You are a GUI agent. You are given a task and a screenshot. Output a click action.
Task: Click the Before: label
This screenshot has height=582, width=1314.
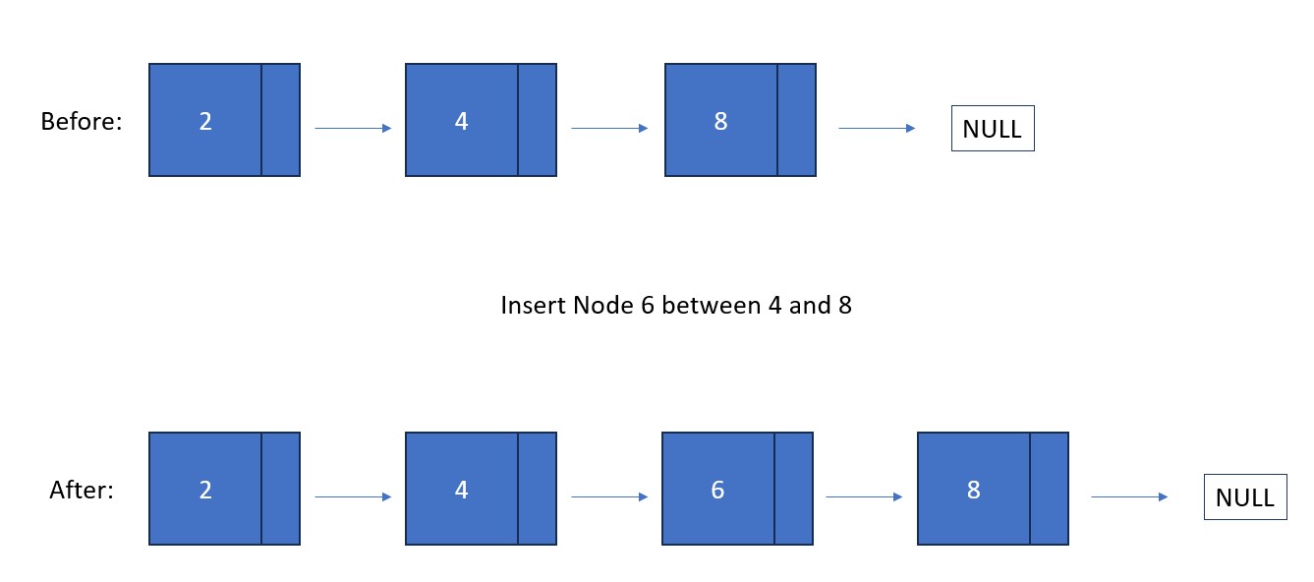click(82, 122)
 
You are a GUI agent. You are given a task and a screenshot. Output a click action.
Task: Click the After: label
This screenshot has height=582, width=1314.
click(82, 490)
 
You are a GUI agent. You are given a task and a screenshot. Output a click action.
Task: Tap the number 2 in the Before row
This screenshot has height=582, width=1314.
click(205, 122)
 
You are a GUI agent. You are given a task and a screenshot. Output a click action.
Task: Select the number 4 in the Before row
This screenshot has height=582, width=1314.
click(462, 122)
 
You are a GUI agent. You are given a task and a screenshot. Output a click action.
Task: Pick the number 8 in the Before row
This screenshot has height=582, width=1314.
click(721, 122)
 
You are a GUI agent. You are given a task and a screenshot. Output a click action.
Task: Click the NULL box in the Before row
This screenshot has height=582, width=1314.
click(993, 129)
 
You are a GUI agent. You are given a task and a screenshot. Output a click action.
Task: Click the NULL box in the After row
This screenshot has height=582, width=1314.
click(1245, 496)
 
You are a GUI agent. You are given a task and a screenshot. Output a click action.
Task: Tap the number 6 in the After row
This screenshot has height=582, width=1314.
click(718, 490)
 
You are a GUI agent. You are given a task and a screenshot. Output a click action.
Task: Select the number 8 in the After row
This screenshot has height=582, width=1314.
click(974, 490)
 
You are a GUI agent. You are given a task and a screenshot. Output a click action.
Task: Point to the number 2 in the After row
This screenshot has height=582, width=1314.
click(205, 490)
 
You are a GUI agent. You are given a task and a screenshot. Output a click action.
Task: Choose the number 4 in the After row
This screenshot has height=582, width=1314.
click(462, 490)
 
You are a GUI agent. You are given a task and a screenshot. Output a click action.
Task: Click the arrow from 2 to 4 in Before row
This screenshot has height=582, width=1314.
click(353, 128)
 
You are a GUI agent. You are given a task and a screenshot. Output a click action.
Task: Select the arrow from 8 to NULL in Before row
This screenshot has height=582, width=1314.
click(877, 128)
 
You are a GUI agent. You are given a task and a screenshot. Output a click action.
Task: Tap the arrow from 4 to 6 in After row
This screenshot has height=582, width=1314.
click(609, 496)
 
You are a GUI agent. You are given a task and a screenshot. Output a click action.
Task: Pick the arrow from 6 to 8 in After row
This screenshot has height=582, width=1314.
click(864, 496)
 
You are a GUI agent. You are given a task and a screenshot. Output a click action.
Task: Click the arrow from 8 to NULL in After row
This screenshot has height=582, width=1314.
click(1129, 496)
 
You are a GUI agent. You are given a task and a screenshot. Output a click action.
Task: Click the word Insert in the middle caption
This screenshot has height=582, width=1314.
click(534, 305)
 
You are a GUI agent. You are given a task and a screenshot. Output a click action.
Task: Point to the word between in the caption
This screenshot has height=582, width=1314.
click(711, 305)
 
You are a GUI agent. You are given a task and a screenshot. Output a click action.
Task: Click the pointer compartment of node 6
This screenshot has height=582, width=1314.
click(794, 489)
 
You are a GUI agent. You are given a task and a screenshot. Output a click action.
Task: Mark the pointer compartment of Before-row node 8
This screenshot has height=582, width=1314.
click(797, 120)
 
